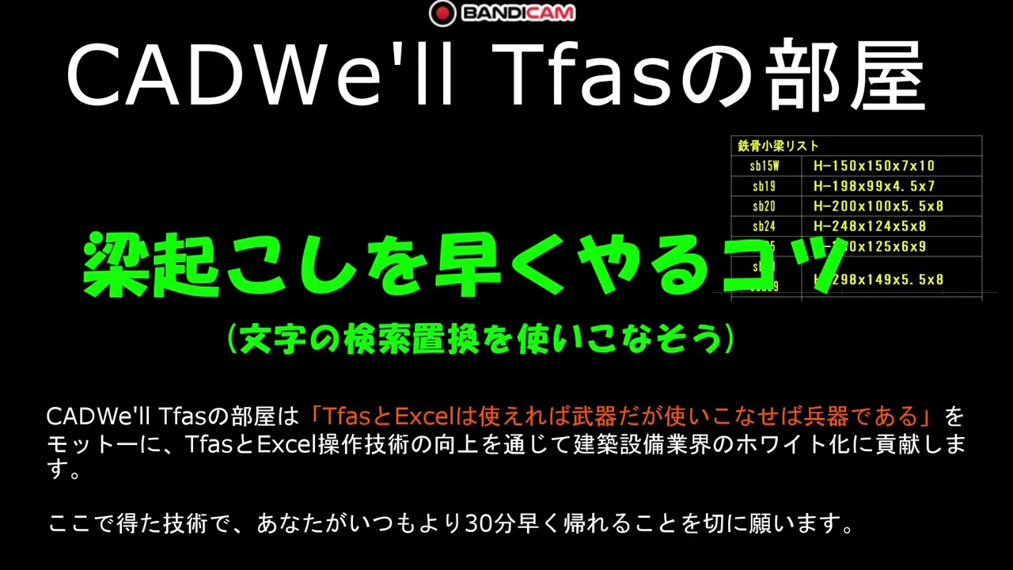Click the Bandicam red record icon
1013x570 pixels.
tap(442, 13)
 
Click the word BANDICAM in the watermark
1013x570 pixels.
tap(518, 13)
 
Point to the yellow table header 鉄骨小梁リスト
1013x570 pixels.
tap(778, 146)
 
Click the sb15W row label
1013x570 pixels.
tap(764, 165)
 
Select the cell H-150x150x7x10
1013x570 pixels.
tap(874, 165)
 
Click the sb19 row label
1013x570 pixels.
tap(764, 186)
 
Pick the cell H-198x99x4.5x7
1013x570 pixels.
tap(874, 186)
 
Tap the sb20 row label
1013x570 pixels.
tap(764, 206)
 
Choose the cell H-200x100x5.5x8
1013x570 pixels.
tap(878, 206)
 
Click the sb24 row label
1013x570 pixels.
tap(764, 226)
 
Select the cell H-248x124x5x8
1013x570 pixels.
tap(869, 226)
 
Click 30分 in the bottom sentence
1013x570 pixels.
tap(494, 524)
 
